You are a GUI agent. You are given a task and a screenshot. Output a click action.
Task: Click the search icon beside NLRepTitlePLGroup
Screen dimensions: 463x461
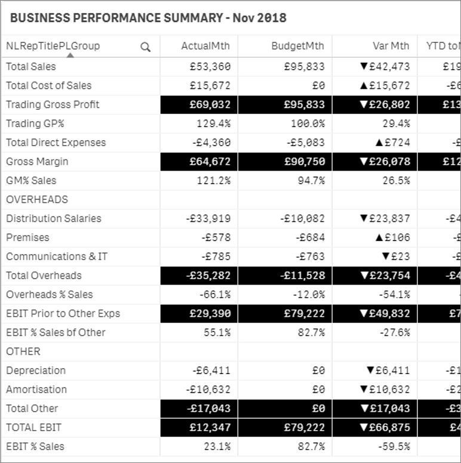145,47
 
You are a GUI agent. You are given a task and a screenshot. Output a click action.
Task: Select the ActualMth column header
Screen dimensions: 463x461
205,46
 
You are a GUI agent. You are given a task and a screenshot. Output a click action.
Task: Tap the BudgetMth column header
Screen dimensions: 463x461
297,46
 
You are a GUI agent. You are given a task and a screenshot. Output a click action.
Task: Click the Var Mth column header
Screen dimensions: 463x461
391,46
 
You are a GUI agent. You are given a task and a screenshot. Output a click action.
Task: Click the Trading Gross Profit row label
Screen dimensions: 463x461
53,104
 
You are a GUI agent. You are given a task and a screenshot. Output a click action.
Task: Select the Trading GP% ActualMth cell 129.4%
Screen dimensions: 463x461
213,124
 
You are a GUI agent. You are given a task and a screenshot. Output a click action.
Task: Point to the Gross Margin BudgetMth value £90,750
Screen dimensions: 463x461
304,162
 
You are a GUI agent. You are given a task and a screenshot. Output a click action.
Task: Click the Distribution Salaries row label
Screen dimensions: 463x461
54,218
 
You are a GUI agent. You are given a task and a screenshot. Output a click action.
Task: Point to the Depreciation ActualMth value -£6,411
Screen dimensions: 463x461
211,371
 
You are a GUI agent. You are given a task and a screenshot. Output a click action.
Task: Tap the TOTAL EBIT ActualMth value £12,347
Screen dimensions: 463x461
210,427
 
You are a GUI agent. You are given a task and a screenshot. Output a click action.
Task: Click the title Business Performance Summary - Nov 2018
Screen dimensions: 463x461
148,18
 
